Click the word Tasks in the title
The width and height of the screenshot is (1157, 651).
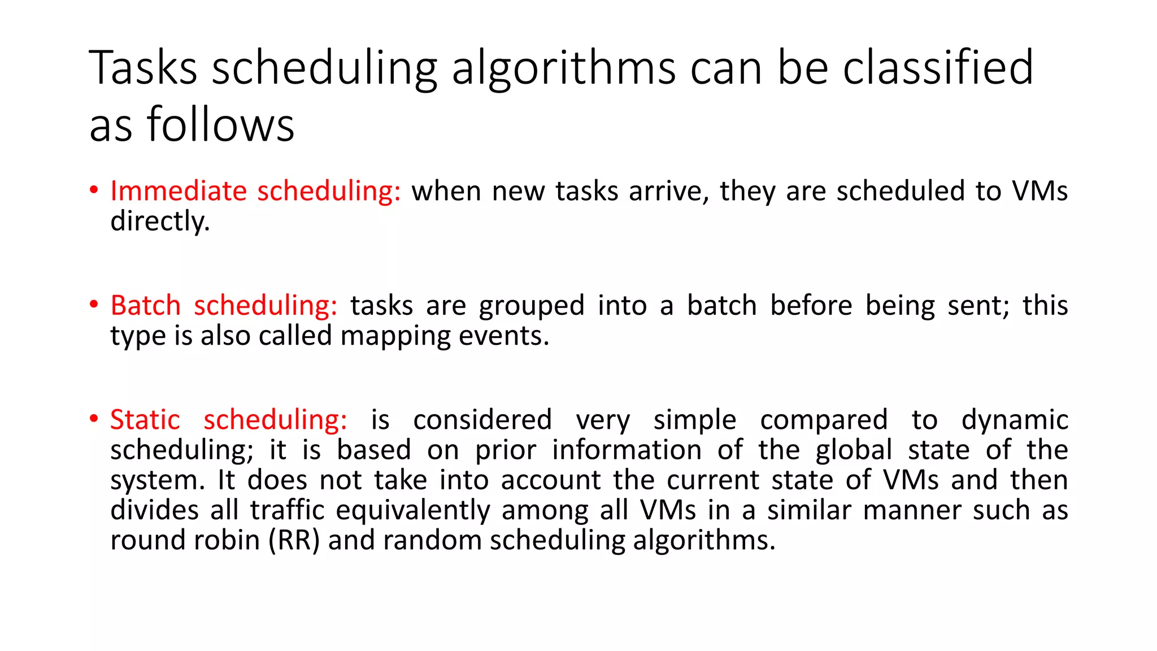(143, 68)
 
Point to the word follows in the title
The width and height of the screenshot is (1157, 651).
(220, 125)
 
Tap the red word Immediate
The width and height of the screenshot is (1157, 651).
(179, 191)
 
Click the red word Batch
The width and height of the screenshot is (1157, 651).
(145, 306)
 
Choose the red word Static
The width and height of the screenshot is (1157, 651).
(145, 420)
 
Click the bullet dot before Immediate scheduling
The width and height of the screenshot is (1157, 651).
(94, 190)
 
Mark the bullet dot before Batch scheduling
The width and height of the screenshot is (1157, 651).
(94, 305)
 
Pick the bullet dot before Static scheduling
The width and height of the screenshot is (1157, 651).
(94, 419)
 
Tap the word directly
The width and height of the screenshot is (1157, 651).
(160, 221)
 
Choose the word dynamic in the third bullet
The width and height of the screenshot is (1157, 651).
(1015, 420)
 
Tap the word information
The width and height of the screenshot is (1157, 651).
(627, 450)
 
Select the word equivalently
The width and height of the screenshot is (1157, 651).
(413, 511)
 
